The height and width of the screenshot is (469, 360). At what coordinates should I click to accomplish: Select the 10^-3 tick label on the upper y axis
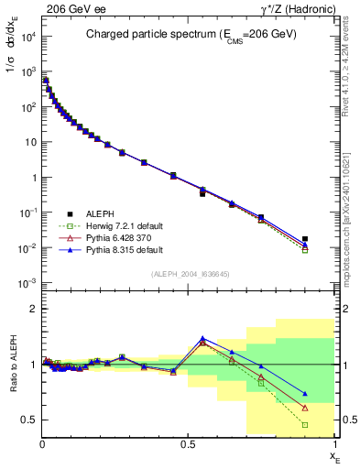tap(26, 283)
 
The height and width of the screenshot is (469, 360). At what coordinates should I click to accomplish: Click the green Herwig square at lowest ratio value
tap(305, 425)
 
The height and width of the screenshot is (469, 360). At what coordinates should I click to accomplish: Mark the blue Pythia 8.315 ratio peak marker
tap(202, 338)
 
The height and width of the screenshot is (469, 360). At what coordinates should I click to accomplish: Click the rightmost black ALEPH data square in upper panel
tap(305, 239)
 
